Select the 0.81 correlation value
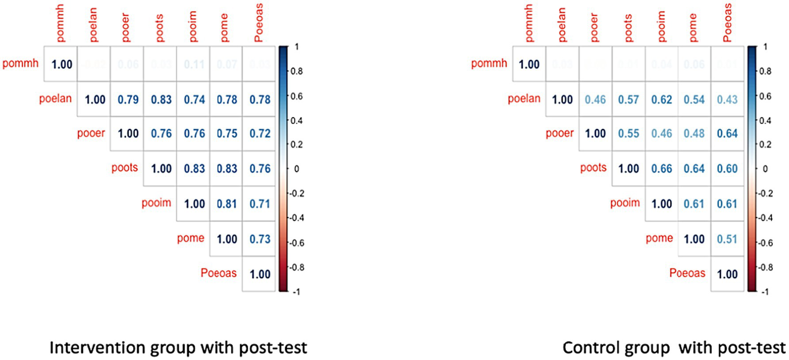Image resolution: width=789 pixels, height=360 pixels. point(226,204)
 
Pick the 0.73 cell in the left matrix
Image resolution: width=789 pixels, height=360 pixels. point(260,239)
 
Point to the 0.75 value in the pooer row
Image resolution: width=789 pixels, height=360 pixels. point(226,134)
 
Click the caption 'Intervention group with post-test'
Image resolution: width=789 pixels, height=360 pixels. point(178,348)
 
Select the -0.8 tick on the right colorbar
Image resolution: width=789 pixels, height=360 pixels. point(767,267)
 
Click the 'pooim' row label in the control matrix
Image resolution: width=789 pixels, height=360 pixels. point(625,203)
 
